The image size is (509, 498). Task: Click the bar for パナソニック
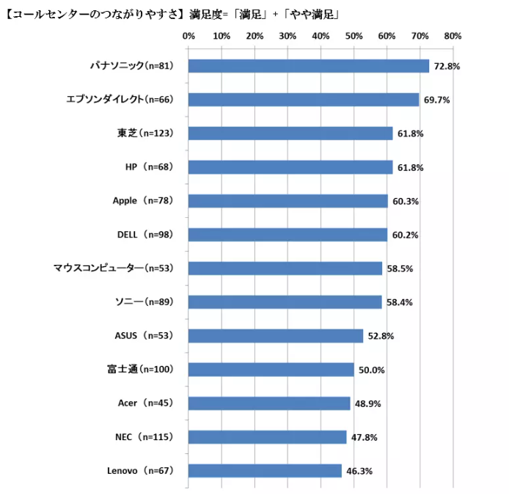[308, 66]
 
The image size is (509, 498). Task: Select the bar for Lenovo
[265, 470]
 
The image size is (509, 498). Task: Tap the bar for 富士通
[271, 370]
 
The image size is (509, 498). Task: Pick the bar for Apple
[288, 201]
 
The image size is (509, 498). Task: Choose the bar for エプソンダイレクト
[303, 100]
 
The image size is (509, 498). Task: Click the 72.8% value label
[447, 66]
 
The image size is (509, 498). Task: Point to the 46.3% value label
[359, 470]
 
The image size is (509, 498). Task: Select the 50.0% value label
[372, 370]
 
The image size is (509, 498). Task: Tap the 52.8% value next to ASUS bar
[381, 336]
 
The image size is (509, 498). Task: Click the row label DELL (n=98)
[144, 235]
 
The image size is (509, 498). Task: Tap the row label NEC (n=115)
[143, 437]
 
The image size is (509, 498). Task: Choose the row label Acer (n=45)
[144, 403]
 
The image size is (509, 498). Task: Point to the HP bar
[290, 167]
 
